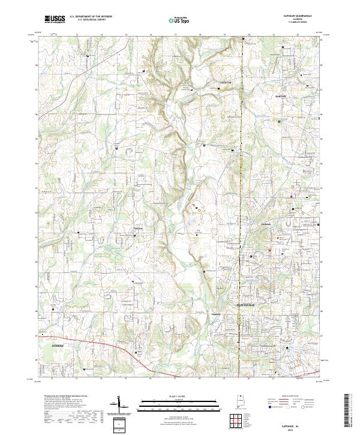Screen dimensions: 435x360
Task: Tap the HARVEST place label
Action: click(x=281, y=96)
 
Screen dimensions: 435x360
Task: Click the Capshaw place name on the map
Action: click(x=217, y=313)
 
